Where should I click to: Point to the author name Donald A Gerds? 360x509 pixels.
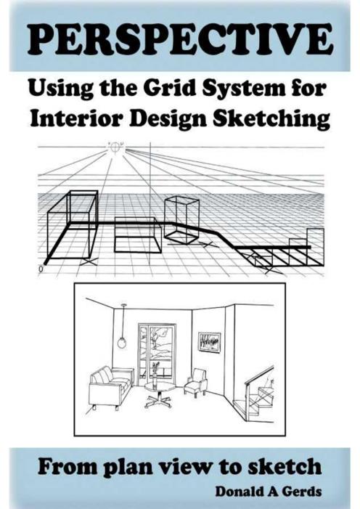(x=269, y=491)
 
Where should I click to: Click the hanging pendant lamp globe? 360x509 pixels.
(x=122, y=343)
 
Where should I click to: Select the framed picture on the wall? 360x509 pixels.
(x=209, y=342)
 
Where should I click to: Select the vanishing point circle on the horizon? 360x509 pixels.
(x=114, y=147)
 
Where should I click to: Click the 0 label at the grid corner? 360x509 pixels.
(x=41, y=269)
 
